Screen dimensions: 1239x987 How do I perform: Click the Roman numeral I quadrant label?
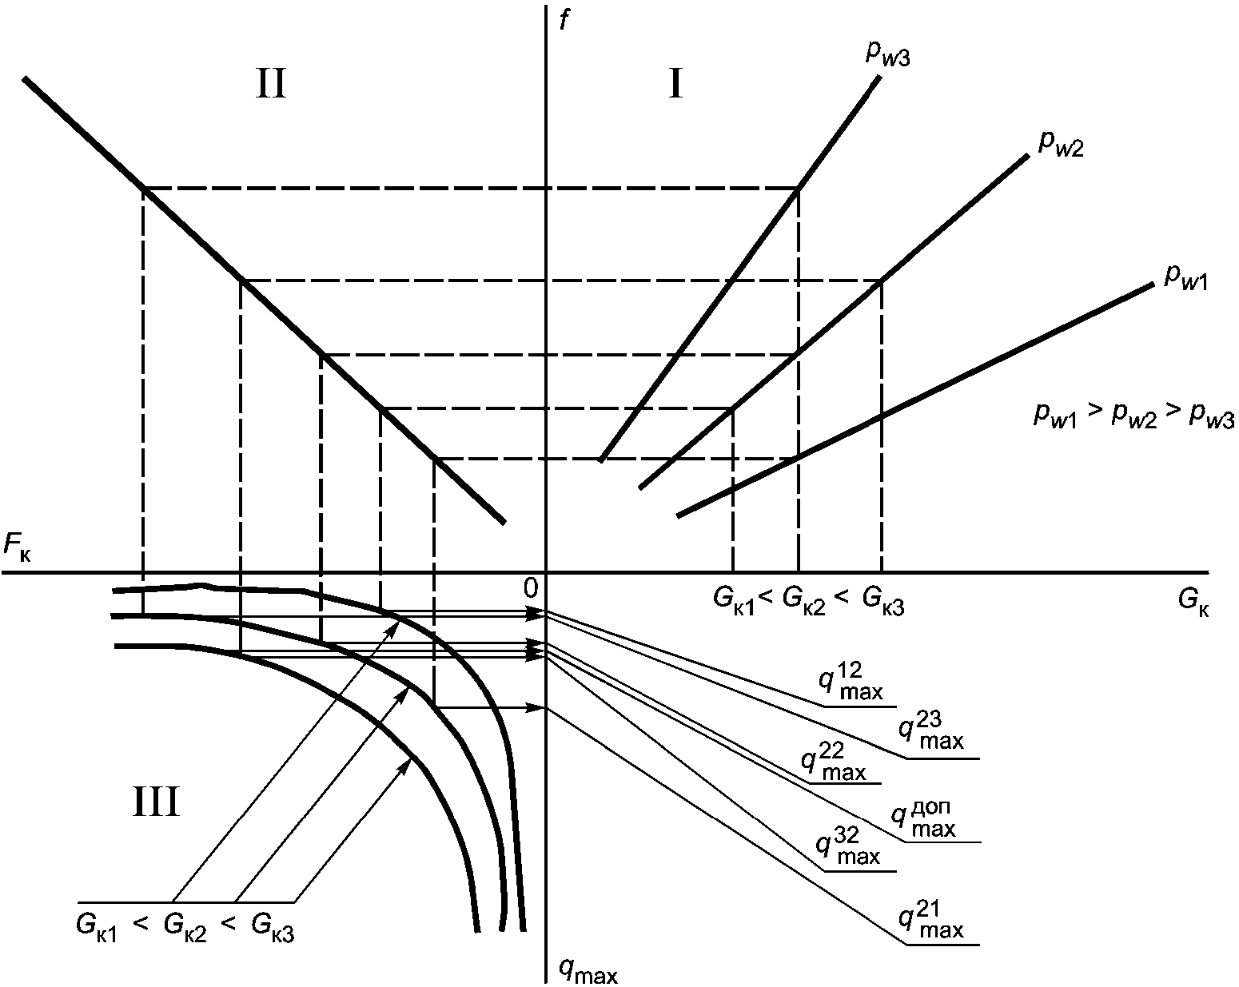(676, 84)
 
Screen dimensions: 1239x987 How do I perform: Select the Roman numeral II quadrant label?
(271, 84)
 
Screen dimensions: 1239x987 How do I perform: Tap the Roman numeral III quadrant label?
(156, 802)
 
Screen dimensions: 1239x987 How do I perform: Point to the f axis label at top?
(565, 21)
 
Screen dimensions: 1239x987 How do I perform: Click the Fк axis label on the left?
(18, 545)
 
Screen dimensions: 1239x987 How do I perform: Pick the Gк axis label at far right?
(1193, 602)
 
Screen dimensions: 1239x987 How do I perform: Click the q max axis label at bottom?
(588, 970)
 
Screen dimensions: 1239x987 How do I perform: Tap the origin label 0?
(531, 588)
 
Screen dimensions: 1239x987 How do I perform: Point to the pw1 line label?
(1186, 279)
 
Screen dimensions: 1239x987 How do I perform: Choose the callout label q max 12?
(851, 681)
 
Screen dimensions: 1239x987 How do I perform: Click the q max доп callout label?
(923, 819)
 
